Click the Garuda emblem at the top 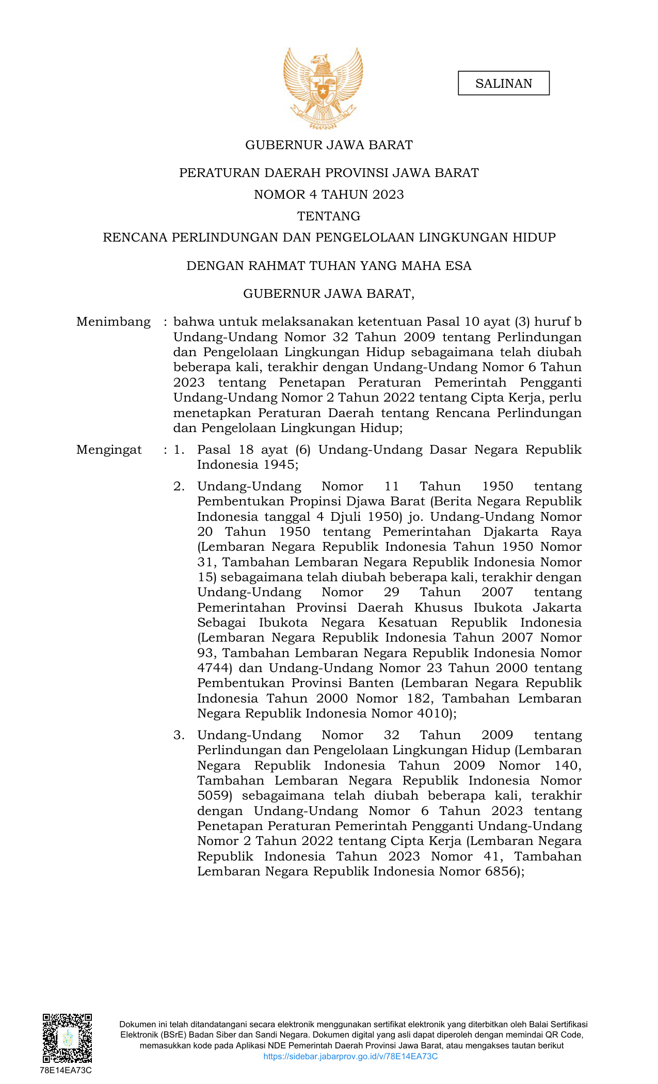point(323,88)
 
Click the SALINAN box point(503,84)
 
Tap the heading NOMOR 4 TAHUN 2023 point(329,195)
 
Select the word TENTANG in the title point(329,216)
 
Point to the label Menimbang point(114,322)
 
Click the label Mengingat point(109,450)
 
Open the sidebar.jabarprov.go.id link point(350,1056)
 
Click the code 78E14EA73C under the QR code point(66,1070)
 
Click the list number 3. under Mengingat point(179,735)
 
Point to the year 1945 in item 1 point(279,465)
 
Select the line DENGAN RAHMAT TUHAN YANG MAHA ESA point(329,266)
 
